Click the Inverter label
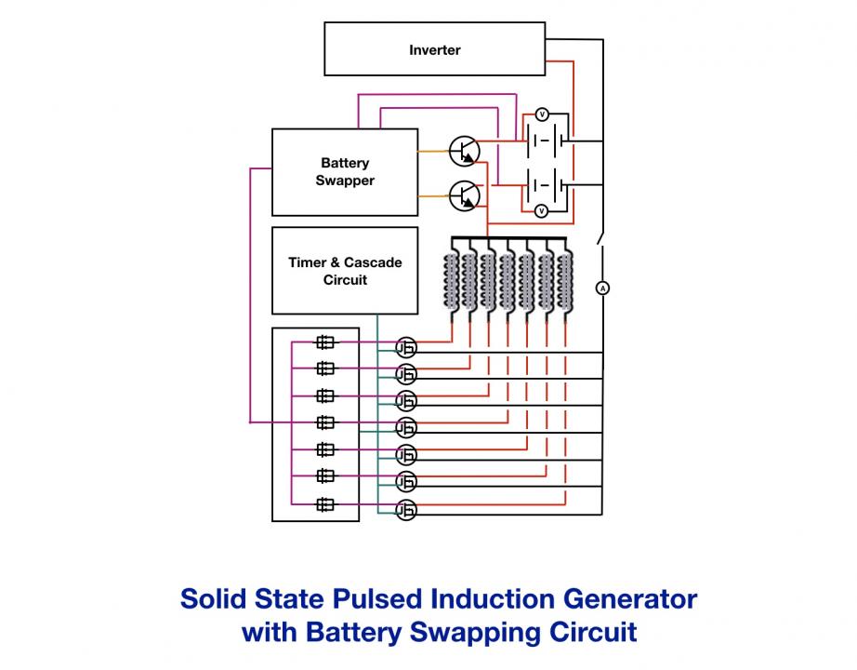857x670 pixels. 434,50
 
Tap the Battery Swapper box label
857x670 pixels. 345,171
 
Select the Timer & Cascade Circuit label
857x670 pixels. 345,271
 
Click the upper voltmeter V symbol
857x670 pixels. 542,114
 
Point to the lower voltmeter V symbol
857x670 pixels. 541,210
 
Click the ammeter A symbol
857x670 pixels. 602,288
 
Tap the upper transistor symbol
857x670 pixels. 464,151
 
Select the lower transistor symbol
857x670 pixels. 464,196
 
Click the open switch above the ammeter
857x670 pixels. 600,238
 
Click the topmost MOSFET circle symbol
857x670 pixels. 406,348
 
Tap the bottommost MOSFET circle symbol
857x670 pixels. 406,510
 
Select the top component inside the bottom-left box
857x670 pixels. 325,342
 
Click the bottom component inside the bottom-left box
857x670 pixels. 325,504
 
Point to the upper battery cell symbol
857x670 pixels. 545,141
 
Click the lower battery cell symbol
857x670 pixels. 545,185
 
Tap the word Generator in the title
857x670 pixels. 629,599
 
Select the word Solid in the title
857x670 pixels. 213,599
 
